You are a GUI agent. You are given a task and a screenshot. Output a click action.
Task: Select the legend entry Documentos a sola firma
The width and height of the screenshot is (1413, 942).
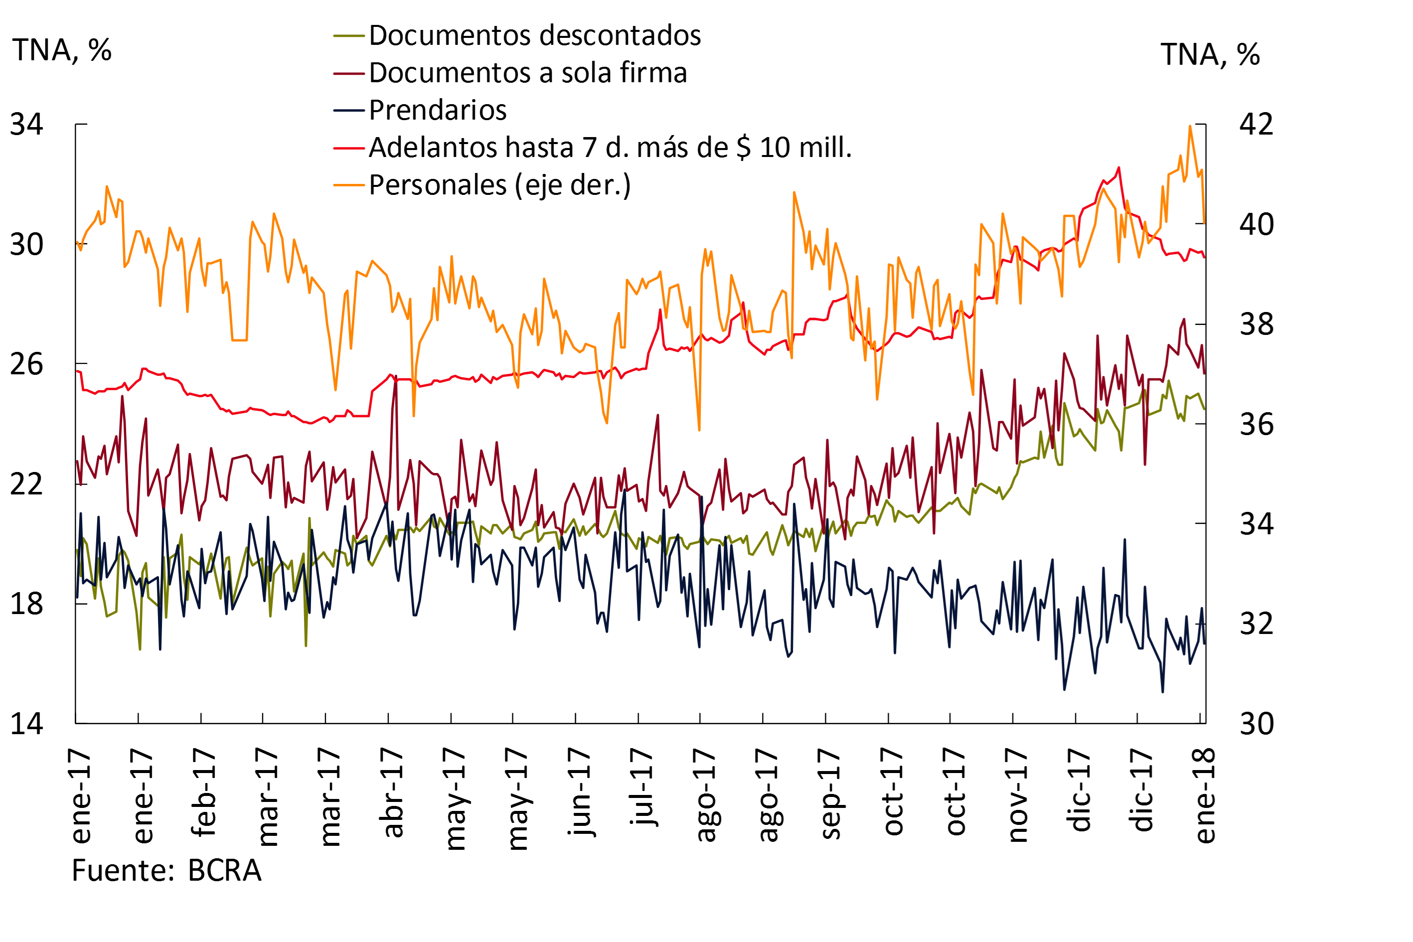tap(527, 73)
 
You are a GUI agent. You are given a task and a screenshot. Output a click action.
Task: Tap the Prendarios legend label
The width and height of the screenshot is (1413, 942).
tap(438, 111)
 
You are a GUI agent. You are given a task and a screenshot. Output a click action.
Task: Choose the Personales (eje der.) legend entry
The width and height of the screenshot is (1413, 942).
tap(499, 185)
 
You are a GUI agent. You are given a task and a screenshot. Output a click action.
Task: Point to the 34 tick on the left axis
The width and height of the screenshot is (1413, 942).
tap(27, 125)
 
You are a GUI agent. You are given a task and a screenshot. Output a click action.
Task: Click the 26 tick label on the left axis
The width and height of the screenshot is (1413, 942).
tap(27, 364)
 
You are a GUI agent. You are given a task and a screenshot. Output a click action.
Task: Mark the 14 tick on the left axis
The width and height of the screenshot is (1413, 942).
tap(27, 723)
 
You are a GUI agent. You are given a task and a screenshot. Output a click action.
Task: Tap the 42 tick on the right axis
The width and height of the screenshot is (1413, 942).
tap(1256, 125)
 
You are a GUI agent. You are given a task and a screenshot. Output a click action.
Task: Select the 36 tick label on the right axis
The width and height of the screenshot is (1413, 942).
tap(1256, 425)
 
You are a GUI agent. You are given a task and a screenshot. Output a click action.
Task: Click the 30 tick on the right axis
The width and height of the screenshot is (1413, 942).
tap(1256, 723)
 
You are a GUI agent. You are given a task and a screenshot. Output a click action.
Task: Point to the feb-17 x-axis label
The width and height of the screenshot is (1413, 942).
tap(202, 792)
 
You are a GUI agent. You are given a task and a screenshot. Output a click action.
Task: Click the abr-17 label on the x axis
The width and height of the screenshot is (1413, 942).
tap(391, 793)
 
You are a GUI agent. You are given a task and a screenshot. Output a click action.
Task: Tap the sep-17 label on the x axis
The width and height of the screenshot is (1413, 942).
tap(830, 794)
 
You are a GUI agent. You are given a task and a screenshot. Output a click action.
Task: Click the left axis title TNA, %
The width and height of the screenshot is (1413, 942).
tap(62, 50)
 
